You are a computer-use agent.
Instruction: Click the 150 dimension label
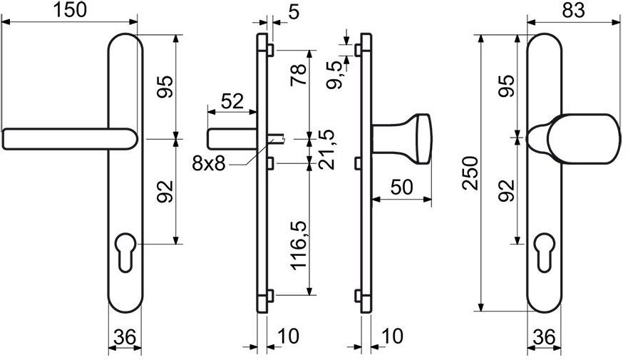tap(70, 10)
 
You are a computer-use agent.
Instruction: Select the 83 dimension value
tap(573, 11)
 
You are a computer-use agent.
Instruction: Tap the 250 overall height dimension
tap(470, 173)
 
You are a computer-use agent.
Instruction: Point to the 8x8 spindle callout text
tap(209, 163)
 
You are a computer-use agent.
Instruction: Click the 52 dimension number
tap(232, 102)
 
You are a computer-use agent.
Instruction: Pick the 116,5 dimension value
tap(299, 245)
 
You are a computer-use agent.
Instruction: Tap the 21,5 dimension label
tap(326, 150)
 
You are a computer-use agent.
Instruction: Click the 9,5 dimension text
tap(334, 75)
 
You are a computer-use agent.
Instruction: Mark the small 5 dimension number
tap(294, 11)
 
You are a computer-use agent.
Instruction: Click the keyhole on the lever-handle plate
tap(125, 252)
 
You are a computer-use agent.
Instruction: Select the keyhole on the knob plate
tap(545, 252)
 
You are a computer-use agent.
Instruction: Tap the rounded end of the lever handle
tap(130, 139)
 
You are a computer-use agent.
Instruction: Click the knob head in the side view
tap(423, 139)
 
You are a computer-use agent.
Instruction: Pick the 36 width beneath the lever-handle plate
tap(125, 337)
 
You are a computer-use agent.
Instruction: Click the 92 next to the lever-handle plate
tap(165, 192)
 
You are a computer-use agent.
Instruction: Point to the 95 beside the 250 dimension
tap(506, 86)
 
